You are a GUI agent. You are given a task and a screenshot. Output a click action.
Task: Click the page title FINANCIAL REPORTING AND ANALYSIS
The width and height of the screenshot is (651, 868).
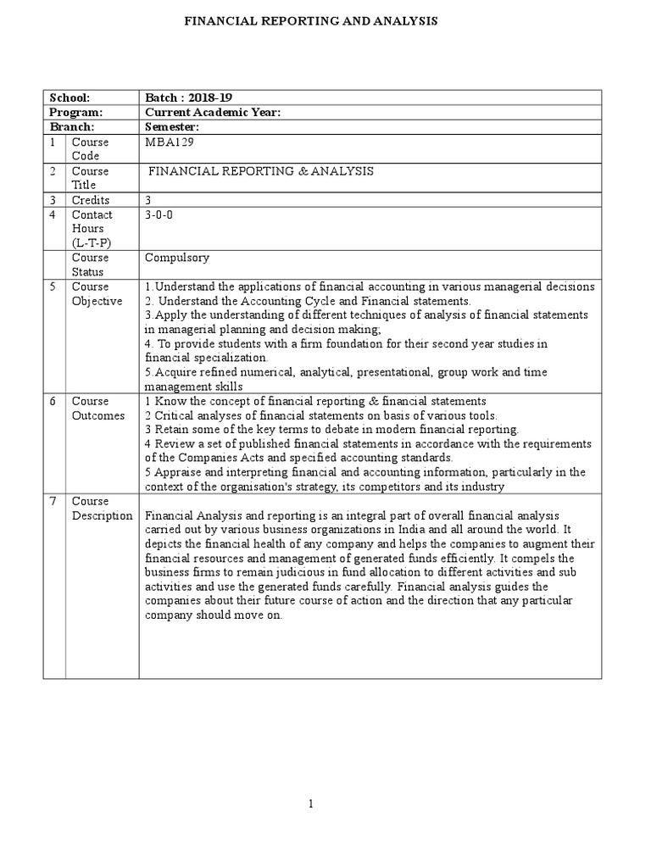312,20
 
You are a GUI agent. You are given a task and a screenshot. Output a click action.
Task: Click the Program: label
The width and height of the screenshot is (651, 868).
76,113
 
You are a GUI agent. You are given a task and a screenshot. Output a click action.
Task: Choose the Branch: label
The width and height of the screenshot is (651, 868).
74,126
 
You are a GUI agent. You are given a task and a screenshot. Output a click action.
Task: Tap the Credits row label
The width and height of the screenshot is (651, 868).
90,200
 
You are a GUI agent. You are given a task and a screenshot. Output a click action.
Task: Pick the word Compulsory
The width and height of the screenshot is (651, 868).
177,258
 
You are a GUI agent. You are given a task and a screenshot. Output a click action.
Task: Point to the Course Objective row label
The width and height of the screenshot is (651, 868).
97,293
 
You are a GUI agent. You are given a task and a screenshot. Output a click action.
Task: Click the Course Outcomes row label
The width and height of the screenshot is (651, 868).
97,409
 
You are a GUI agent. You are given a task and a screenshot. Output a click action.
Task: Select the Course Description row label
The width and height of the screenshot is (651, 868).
102,509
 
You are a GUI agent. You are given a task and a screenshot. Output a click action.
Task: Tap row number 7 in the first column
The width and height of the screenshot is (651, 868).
53,501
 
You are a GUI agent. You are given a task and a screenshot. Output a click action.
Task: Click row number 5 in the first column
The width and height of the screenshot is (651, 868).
53,287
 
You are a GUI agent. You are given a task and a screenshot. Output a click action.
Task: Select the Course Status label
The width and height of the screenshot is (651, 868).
90,264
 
